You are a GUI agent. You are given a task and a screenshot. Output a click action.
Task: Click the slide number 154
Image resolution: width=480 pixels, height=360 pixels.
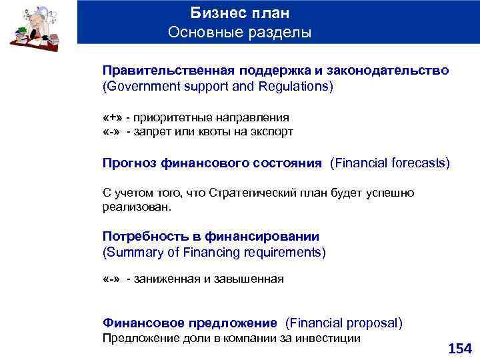click(459, 348)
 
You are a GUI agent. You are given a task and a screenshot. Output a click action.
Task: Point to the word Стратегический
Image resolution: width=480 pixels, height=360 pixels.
click(253, 193)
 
